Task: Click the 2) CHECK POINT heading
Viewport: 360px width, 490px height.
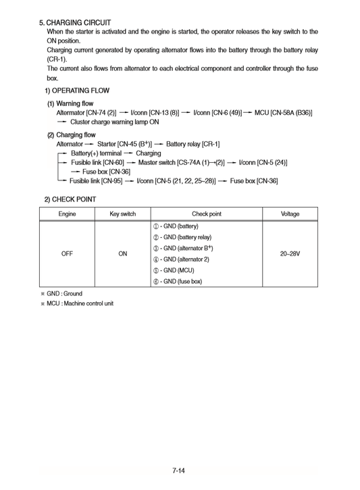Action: [x=70, y=199]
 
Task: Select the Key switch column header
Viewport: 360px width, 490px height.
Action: [x=123, y=214]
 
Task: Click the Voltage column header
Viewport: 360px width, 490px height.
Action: [x=290, y=214]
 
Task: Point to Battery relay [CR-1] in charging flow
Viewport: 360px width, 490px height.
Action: [x=192, y=145]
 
